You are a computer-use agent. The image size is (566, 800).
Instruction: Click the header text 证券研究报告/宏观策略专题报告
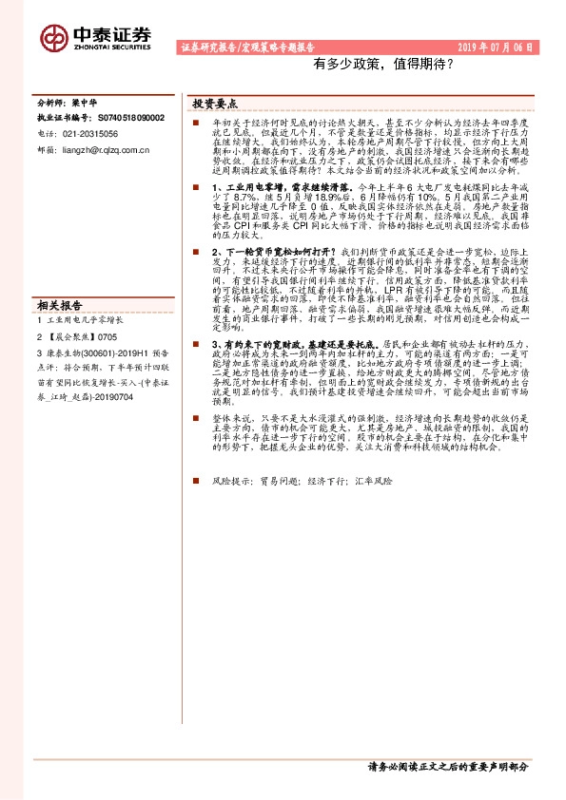click(x=247, y=47)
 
